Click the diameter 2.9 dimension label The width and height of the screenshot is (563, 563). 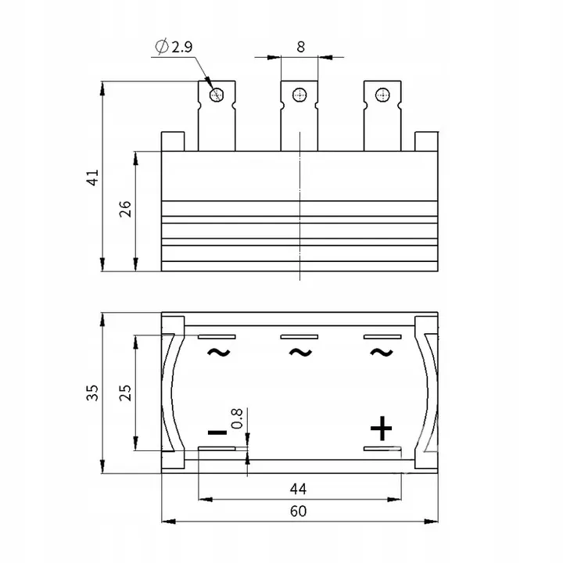coord(176,47)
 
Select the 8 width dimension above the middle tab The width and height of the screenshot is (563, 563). coord(300,46)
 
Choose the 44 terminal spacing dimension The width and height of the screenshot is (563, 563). coord(298,489)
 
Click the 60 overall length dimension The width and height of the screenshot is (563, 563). coord(298,511)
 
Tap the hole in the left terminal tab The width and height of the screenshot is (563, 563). coord(217,95)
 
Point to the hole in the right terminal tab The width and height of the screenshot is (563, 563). coord(382,95)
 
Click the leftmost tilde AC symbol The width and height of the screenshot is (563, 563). coord(218,352)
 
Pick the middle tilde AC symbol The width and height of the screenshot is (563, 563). coord(300,352)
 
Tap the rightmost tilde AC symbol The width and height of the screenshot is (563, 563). coord(382,352)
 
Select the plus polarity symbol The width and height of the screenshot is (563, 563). coord(382,429)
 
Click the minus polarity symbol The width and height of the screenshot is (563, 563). coord(217,432)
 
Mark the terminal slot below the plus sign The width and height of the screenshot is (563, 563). coord(382,449)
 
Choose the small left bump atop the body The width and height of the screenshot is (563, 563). coord(172,140)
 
